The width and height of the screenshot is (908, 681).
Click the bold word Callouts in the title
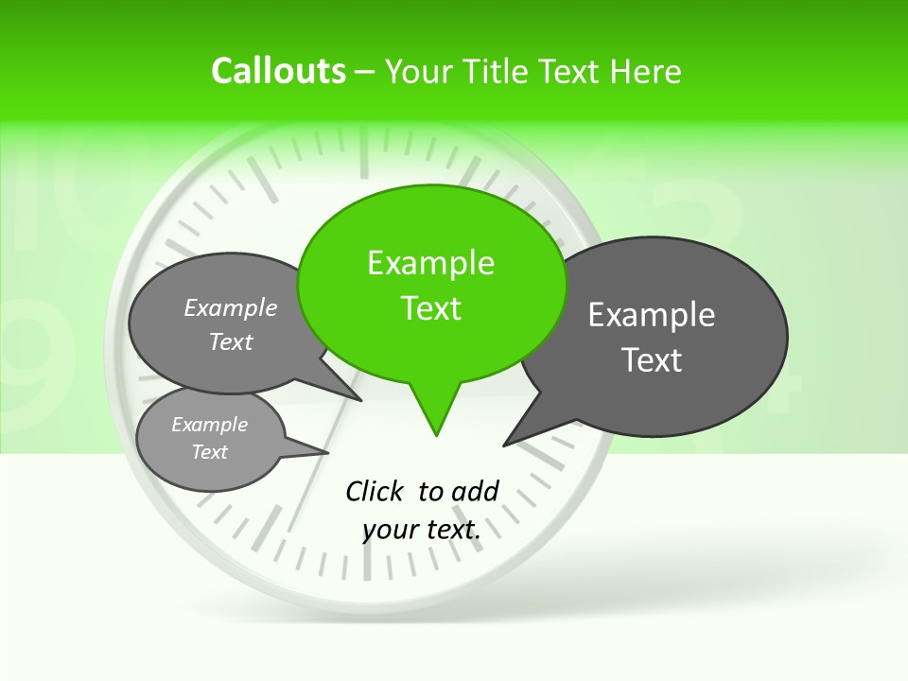[278, 71]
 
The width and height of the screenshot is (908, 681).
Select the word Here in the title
[647, 71]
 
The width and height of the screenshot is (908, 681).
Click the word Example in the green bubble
[430, 263]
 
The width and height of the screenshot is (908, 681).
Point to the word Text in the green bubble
[430, 308]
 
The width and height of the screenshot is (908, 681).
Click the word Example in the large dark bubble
[651, 315]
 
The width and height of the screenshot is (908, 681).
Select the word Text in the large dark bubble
[652, 360]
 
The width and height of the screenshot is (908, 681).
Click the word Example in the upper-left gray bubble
[230, 308]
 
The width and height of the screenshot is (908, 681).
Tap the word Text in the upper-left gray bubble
[230, 341]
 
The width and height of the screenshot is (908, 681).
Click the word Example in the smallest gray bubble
[209, 425]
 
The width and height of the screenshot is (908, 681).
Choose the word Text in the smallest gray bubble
[209, 452]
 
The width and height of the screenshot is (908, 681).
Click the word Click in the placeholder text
[375, 491]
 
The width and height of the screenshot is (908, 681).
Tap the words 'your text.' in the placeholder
[422, 530]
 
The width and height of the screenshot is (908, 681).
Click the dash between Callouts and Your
[365, 72]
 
